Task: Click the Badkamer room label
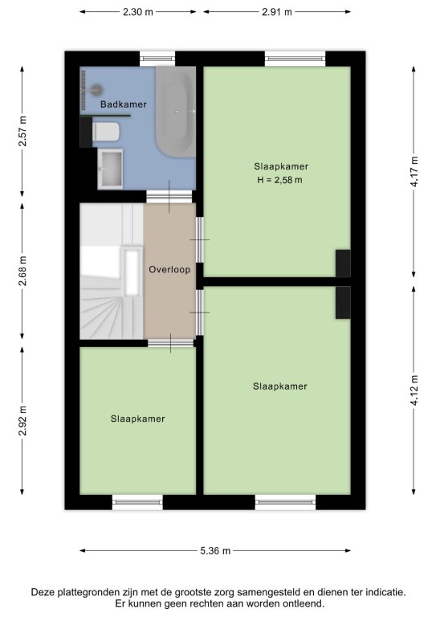124,104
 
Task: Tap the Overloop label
169,270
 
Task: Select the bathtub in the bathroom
176,112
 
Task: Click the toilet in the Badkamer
106,132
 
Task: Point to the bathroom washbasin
110,169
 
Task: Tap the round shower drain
96,90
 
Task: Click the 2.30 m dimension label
137,12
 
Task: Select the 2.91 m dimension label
277,12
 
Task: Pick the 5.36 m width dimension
215,550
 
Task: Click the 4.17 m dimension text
414,172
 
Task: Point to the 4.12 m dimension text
414,390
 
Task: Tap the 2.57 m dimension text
22,131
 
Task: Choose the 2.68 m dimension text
22,271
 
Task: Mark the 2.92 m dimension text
22,421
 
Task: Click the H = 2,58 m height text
280,180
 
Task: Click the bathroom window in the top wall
157,59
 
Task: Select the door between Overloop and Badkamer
169,196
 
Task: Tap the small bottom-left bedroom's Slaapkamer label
137,419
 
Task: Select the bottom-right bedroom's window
285,501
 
